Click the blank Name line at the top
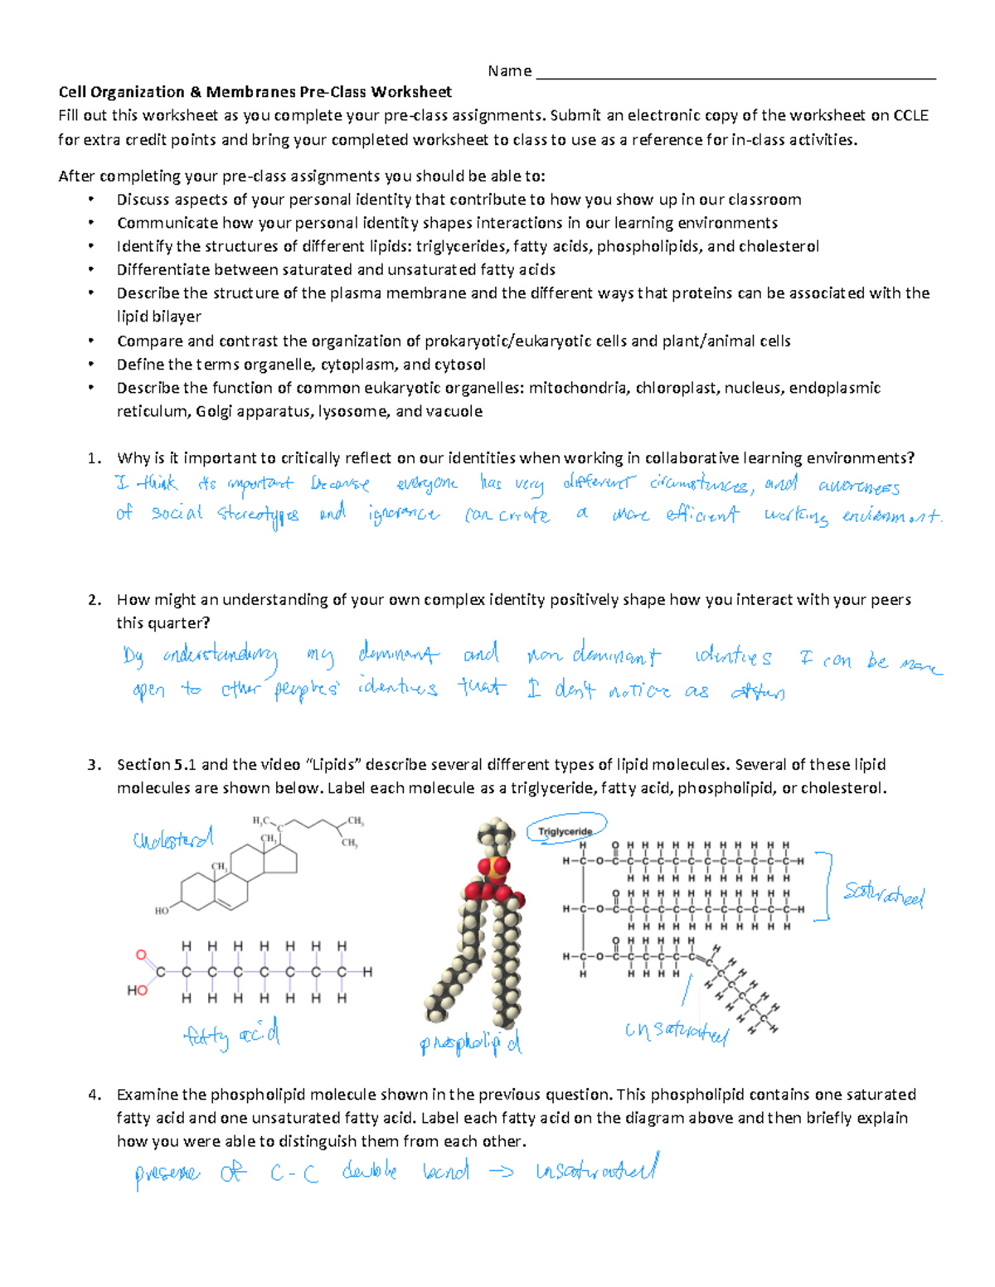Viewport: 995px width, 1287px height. (x=735, y=73)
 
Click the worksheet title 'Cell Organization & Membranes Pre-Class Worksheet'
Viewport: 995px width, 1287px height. (x=255, y=92)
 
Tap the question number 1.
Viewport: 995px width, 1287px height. (x=95, y=458)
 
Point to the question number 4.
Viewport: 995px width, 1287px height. (x=95, y=1095)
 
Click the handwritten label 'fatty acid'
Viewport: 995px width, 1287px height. (x=231, y=1035)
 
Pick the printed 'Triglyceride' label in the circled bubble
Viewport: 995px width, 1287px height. (x=565, y=831)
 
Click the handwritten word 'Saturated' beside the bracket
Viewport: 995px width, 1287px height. (x=883, y=894)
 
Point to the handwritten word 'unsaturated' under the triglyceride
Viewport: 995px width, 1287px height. (x=676, y=1032)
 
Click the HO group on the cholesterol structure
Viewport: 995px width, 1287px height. (x=162, y=910)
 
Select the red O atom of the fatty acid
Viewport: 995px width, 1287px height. (x=141, y=955)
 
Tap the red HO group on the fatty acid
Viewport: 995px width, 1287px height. (x=137, y=990)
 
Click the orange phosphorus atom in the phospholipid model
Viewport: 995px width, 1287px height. (x=492, y=869)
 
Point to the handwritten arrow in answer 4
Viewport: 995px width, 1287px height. (x=501, y=1173)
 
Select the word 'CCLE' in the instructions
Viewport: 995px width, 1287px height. (x=910, y=116)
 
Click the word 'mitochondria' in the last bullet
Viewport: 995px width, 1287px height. (x=578, y=388)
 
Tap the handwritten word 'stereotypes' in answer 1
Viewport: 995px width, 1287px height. (x=258, y=515)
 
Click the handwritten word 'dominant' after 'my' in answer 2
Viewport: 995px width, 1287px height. (x=398, y=655)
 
